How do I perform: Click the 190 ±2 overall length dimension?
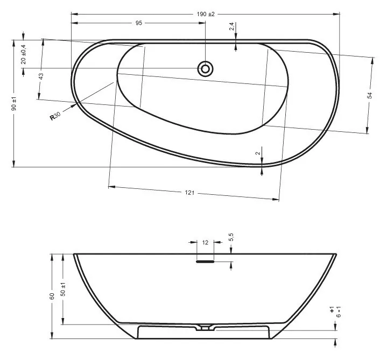206,14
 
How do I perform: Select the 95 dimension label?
139,23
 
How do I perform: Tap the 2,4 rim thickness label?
231,26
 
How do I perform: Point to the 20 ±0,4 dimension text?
24,54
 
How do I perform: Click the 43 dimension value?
41,76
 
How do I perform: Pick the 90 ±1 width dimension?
14,103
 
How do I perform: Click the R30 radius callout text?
55,116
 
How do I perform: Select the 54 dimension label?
369,95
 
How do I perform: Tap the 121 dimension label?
189,193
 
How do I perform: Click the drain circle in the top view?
205,69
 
